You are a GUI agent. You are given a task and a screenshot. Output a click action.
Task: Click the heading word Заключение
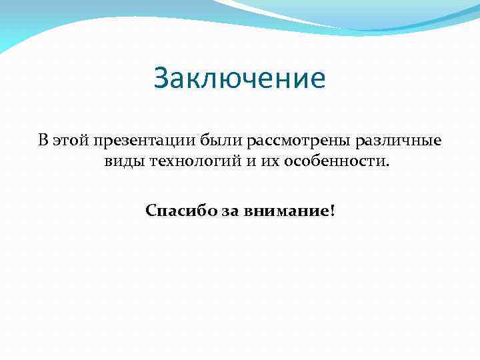coord(239,79)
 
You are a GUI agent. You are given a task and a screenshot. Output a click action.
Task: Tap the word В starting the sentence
coord(43,140)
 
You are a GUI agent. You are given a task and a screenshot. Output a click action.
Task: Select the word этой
coord(71,141)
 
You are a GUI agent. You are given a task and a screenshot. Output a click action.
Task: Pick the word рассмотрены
coord(297,141)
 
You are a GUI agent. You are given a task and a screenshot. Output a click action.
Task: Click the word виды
coord(125,163)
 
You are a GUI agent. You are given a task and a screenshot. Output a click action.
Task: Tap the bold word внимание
coord(279,211)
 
